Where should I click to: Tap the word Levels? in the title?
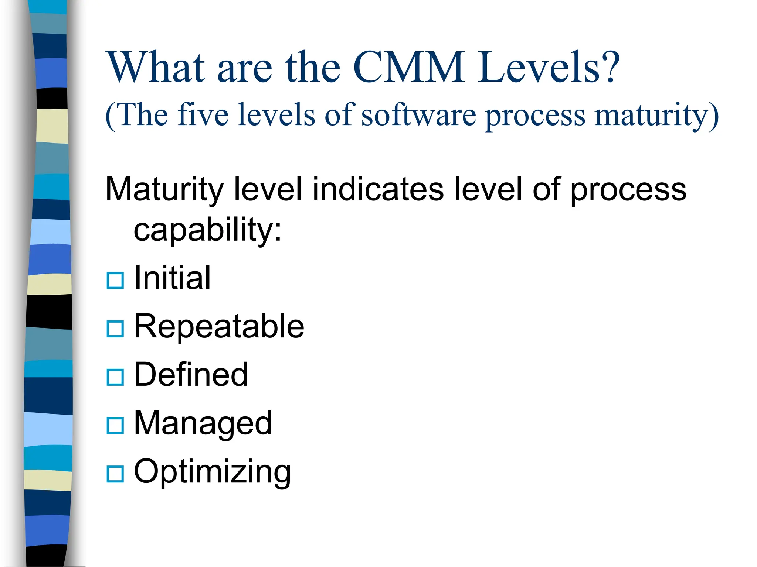click(x=549, y=67)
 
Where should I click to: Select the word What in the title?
click(x=155, y=67)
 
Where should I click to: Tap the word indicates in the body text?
click(x=378, y=189)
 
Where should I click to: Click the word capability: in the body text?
click(x=208, y=230)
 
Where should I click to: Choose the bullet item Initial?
click(x=172, y=278)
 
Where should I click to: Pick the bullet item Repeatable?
click(x=219, y=326)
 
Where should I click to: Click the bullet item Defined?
click(x=191, y=375)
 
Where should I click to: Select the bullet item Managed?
click(x=203, y=423)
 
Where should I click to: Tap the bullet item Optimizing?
click(x=212, y=472)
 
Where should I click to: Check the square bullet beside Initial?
click(x=115, y=280)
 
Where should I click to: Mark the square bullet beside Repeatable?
click(x=115, y=329)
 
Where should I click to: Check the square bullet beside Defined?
click(x=115, y=377)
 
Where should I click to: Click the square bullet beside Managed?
click(x=115, y=426)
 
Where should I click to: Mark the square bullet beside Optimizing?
click(x=115, y=474)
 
